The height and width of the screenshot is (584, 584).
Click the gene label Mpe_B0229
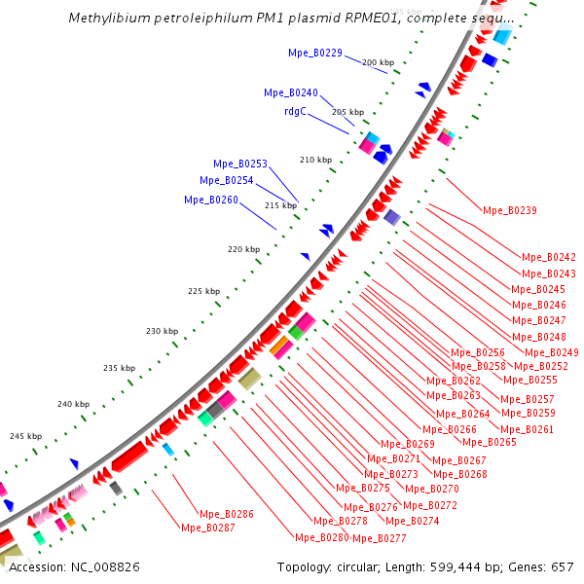[x=315, y=53]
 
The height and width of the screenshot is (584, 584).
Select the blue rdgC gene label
[x=295, y=111]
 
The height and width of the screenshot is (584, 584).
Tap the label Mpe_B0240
[x=291, y=92]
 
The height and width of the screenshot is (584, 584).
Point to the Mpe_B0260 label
[x=210, y=200]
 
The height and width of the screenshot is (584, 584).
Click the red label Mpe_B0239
[x=510, y=210]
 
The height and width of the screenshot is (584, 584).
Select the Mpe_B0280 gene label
[x=321, y=537]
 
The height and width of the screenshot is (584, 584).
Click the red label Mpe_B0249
[x=551, y=352]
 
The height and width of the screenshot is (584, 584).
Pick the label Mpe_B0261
[x=527, y=429]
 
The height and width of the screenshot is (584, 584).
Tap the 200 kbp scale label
[x=378, y=62]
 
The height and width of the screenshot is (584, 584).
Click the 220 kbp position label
[x=244, y=250]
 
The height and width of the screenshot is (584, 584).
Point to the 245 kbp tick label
[x=26, y=436]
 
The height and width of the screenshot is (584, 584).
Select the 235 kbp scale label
[x=119, y=368]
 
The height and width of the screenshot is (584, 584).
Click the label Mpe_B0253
[x=240, y=164]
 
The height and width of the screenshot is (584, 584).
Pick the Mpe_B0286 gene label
[x=227, y=514]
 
